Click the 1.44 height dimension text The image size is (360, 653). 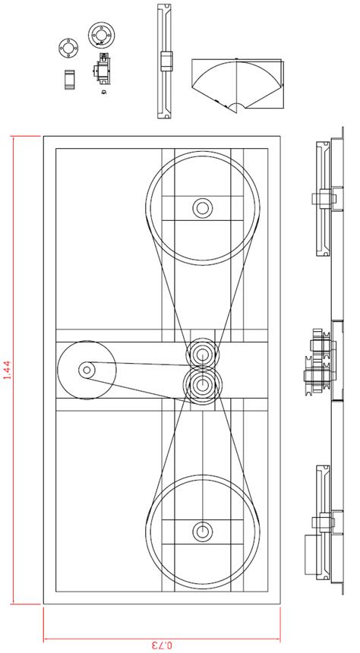point(7,370)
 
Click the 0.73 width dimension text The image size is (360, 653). point(162,645)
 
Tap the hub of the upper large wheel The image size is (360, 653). point(202,207)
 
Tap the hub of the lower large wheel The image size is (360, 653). point(202,531)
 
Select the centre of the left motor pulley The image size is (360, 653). point(86,370)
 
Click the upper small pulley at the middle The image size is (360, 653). point(202,353)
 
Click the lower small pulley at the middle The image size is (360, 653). point(202,383)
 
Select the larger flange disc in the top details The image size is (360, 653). point(100,33)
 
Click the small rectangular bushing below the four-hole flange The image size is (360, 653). point(69,79)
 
